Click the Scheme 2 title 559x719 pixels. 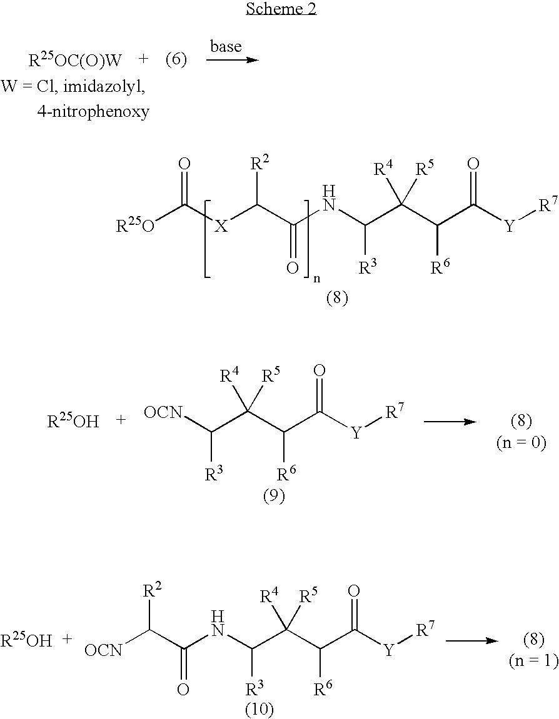(281, 9)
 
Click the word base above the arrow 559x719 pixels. (226, 46)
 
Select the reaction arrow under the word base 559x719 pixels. (232, 60)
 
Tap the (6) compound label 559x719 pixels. (176, 60)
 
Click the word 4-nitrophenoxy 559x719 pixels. (93, 111)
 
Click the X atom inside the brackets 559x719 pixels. (221, 226)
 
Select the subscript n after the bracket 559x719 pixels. (316, 279)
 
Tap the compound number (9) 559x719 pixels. (273, 495)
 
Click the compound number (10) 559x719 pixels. (259, 710)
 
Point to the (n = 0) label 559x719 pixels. (521, 442)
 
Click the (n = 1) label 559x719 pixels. (534, 660)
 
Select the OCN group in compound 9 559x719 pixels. (163, 413)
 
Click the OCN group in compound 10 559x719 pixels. (104, 650)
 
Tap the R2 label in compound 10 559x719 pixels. (153, 590)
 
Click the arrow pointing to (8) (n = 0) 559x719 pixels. (450, 421)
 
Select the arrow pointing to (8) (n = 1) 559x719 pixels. (472, 640)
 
